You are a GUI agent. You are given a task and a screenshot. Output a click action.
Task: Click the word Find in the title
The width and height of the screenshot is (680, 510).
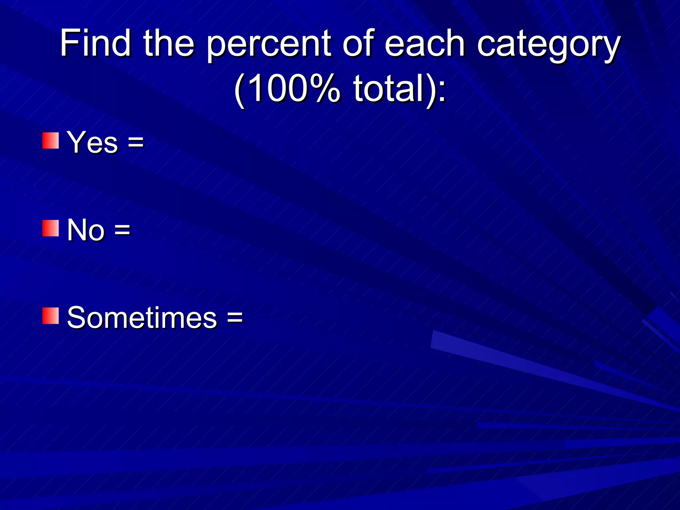95,43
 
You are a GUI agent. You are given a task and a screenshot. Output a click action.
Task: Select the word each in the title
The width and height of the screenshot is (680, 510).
425,43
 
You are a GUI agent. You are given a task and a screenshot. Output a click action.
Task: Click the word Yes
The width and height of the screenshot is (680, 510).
93,142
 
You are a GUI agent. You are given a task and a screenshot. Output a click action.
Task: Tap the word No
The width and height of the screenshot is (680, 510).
86,230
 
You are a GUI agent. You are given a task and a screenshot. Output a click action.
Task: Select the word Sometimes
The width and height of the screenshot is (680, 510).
142,318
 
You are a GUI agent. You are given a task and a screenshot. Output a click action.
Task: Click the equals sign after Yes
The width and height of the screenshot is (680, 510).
136,143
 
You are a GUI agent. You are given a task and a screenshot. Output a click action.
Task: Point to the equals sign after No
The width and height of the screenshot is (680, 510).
122,230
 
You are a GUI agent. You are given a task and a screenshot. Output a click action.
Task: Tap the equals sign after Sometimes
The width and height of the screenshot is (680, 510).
235,318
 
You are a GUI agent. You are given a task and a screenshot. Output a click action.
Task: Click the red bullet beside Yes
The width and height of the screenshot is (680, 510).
50,141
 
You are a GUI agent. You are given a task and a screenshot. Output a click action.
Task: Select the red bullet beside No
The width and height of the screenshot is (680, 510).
50,228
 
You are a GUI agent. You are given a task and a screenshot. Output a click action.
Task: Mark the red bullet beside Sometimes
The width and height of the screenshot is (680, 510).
50,316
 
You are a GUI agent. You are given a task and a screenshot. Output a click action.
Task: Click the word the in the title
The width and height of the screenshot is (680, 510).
169,43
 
